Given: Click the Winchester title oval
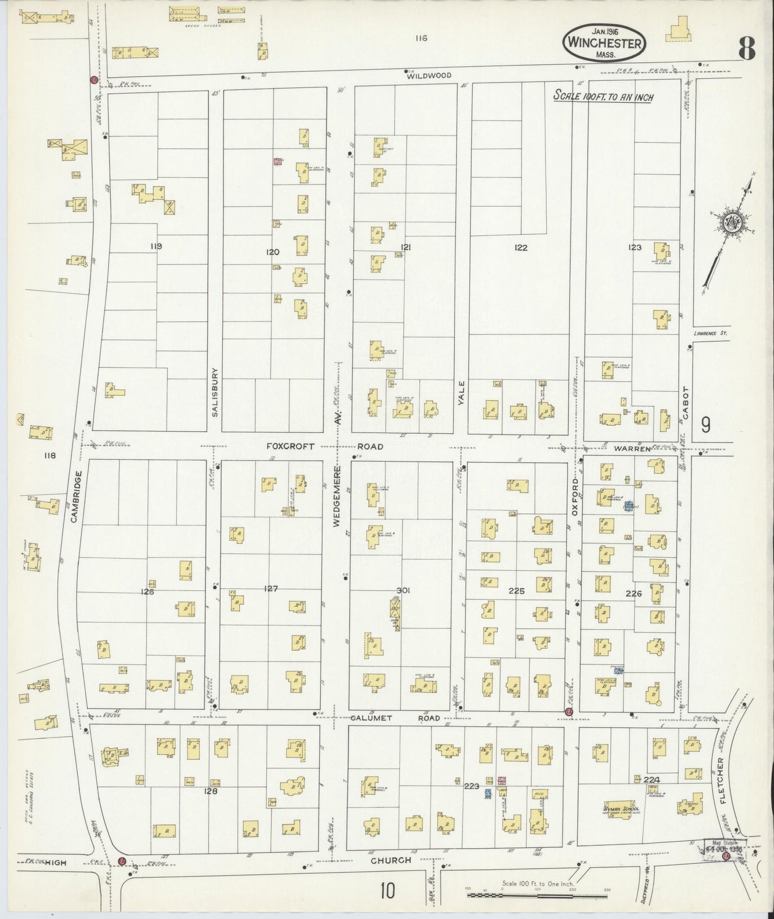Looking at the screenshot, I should (x=604, y=42).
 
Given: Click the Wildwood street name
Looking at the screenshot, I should (x=429, y=76).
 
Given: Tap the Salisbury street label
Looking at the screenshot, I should (x=215, y=392).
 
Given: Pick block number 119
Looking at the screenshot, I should (x=156, y=247).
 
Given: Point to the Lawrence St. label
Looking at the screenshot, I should (x=711, y=333).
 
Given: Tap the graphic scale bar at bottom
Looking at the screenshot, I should (x=537, y=894).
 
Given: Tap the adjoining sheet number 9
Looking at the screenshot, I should (x=706, y=425).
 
